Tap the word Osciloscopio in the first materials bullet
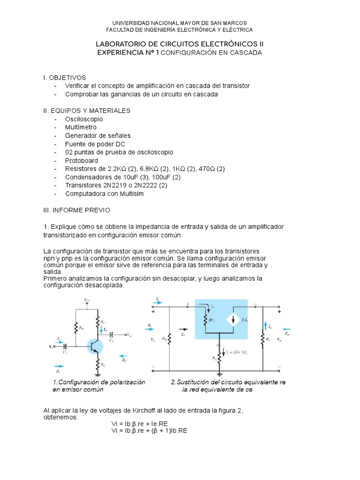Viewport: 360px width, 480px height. (84, 119)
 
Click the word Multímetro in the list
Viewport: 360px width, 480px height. (81, 127)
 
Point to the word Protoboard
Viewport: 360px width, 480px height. (82, 160)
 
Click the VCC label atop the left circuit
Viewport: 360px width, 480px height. (88, 299)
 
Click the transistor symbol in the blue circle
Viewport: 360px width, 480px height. (95, 346)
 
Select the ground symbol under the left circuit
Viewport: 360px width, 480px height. (97, 374)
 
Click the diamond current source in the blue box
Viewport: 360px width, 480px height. (232, 320)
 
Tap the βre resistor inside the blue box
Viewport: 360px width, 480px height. (205, 320)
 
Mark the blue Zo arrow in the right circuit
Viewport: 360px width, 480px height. (286, 329)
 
